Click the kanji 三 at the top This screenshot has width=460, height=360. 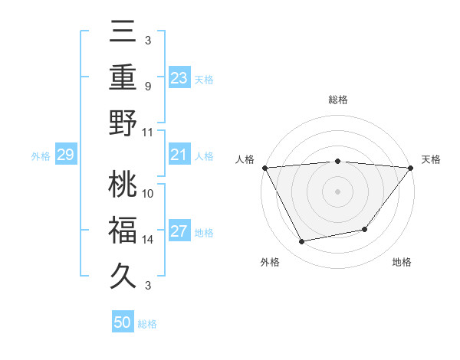coord(123,33)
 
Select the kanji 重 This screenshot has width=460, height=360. coord(123,77)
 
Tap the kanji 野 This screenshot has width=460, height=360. coord(123,123)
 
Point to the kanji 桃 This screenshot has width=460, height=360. coord(123,185)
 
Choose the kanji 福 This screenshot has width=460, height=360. coord(123,229)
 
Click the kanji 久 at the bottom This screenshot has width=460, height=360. coord(123,274)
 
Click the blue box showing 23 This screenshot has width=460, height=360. coord(179,77)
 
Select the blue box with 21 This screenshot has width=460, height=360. coord(179,155)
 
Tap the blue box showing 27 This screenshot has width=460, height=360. coord(179,232)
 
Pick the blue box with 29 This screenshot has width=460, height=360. coord(65,155)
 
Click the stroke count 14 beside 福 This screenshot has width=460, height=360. coord(148,240)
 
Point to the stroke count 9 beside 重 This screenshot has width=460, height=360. coord(147,86)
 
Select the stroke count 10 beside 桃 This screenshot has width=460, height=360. coord(148,194)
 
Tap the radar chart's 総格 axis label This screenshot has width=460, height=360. coord(337,100)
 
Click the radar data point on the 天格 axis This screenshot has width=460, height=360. coord(411,168)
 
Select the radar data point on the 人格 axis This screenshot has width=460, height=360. coord(264,167)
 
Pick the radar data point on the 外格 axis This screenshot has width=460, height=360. coord(302,242)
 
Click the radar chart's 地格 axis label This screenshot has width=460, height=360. coord(402,263)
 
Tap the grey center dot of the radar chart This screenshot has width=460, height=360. coord(337,191)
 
